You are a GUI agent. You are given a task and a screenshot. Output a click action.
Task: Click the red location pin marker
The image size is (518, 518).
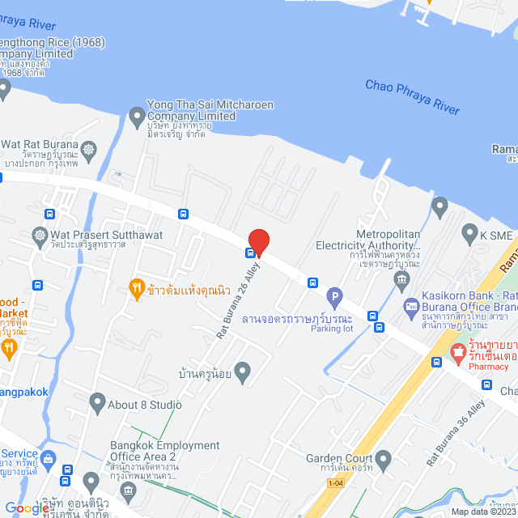(x=258, y=241)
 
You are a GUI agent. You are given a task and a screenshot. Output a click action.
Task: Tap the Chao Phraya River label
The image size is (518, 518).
(x=412, y=96)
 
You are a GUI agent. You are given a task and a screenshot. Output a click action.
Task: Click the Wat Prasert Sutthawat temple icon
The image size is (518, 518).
(x=39, y=236)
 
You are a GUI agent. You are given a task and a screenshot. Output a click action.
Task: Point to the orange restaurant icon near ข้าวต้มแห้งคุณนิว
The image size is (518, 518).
(x=136, y=287)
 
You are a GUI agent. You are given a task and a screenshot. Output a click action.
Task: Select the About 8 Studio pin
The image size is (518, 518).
(x=97, y=400)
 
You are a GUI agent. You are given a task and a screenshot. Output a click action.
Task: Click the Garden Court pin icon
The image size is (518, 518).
(x=383, y=459)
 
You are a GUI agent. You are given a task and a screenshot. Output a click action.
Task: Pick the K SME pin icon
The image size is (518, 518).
(x=469, y=235)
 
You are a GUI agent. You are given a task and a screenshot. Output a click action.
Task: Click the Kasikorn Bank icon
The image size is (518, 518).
(x=412, y=307)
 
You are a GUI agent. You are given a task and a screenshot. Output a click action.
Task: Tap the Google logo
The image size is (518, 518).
(x=28, y=507)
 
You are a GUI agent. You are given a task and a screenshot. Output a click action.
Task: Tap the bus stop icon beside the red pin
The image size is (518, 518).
(x=250, y=252)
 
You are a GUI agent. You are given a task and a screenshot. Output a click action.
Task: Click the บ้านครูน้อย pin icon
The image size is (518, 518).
(x=241, y=371)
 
